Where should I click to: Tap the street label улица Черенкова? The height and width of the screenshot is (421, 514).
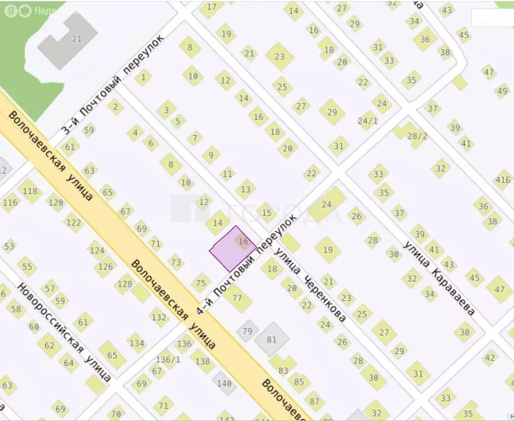(x=310, y=285)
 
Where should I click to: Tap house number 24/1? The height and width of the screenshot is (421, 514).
(x=367, y=121)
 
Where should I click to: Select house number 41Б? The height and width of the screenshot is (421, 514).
(x=503, y=179)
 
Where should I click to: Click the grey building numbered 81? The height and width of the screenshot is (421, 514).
(x=272, y=339)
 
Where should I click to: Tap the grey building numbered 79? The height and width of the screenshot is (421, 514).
(x=247, y=331)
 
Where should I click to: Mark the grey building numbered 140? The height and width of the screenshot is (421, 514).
(x=224, y=383)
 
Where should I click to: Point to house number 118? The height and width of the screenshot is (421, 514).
(x=31, y=191)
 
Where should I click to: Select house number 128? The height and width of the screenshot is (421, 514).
(x=125, y=284)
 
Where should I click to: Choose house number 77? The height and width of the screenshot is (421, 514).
(x=237, y=298)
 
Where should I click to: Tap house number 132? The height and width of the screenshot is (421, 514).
(x=159, y=317)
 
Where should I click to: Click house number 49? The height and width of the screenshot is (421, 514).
(x=502, y=91)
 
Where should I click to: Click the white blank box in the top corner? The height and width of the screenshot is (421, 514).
(x=493, y=18)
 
